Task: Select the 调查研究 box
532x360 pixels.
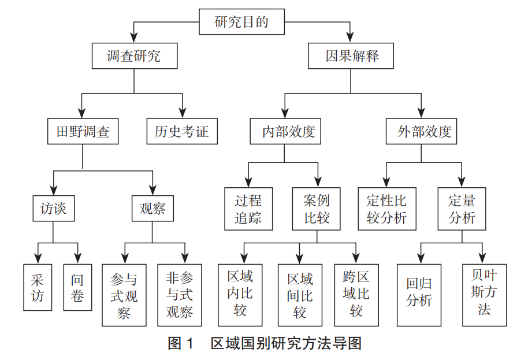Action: click(x=134, y=56)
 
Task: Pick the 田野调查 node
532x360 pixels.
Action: click(x=83, y=132)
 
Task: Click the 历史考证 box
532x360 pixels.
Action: click(x=181, y=132)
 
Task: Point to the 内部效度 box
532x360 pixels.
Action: click(x=285, y=132)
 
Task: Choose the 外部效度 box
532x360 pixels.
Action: click(x=421, y=132)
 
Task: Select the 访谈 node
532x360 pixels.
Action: click(x=53, y=209)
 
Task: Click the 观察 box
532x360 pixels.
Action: click(x=152, y=209)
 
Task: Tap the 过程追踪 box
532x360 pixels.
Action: click(x=248, y=209)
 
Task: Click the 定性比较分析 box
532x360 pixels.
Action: click(x=386, y=209)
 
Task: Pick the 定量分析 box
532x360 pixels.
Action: click(x=462, y=209)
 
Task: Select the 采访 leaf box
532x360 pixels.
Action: click(x=38, y=287)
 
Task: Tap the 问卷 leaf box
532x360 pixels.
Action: click(x=77, y=287)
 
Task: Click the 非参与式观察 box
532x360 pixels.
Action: click(x=180, y=295)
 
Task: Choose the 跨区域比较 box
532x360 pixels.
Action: click(x=356, y=294)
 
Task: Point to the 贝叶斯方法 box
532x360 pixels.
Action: click(x=484, y=294)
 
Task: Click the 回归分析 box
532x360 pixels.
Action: click(x=419, y=294)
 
